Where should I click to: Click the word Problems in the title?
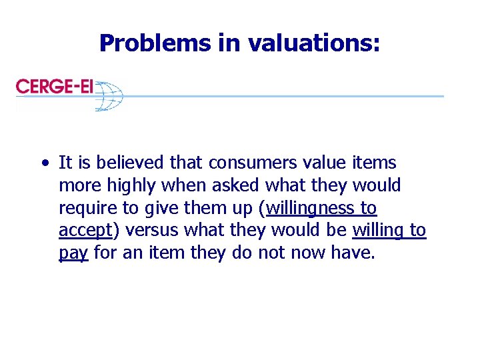154,43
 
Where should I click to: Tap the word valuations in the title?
314,43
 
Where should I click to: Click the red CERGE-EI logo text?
55,87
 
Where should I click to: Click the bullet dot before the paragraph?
43,163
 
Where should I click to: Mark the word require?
83,209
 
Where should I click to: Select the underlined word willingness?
311,209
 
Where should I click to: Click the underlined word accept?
83,231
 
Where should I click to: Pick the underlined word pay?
73,254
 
